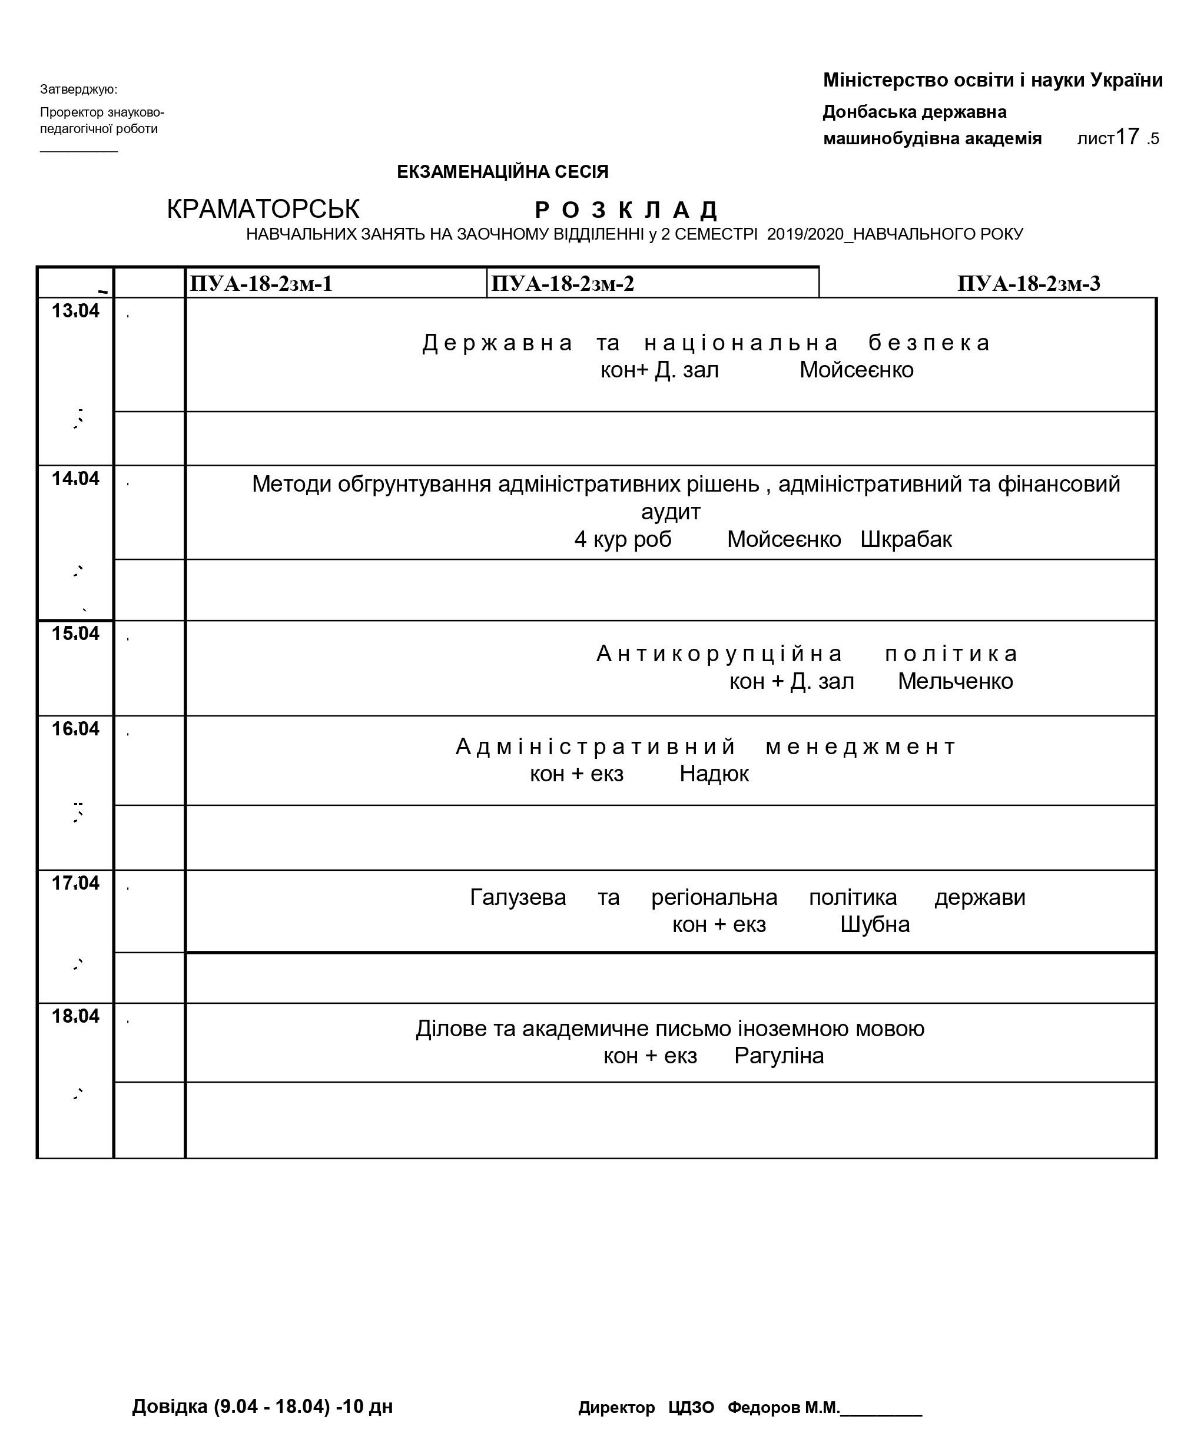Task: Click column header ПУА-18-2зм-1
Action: coord(261,284)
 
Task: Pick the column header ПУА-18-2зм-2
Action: coord(563,284)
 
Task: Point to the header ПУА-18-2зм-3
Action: coord(1029,284)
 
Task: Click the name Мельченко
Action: coord(955,681)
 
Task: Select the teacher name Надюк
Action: coord(714,774)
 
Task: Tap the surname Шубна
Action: coord(874,925)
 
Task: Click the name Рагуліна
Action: coord(779,1056)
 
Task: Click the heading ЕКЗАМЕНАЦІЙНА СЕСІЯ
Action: coord(503,172)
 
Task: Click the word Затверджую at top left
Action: coord(78,89)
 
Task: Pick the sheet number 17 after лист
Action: coord(1127,137)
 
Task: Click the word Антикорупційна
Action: coord(719,654)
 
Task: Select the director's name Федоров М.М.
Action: coord(783,1407)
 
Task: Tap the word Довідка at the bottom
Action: coord(169,1407)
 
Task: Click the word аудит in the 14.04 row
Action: coord(671,512)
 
